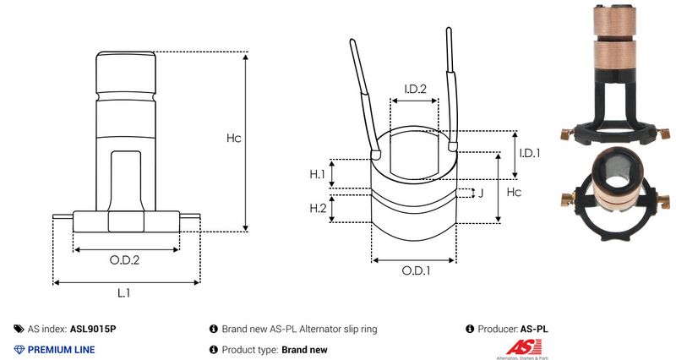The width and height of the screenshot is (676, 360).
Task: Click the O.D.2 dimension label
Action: pos(125,260)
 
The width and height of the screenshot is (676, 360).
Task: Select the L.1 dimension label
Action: pos(123,292)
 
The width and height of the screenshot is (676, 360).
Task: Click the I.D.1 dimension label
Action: pos(529,153)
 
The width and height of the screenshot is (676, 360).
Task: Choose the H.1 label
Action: pos(317,174)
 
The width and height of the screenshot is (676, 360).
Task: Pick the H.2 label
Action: pos(317,208)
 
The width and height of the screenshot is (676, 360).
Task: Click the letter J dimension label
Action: pos(481,194)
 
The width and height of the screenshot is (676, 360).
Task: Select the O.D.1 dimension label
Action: pos(416,271)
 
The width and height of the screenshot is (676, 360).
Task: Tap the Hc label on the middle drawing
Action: pos(512,194)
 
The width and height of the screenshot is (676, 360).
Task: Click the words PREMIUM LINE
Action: pos(62,349)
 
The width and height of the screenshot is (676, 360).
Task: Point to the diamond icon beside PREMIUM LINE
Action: pos(19,349)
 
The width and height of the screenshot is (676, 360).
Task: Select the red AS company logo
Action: pos(518,347)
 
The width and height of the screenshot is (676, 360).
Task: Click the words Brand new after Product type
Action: pos(304,349)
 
